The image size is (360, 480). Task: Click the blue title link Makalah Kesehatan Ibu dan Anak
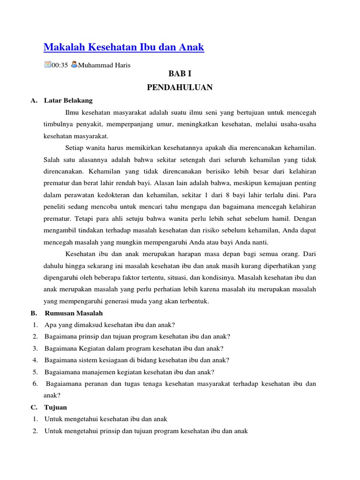click(x=124, y=47)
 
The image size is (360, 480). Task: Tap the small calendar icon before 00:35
click(x=47, y=65)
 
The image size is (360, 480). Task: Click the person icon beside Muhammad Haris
click(x=74, y=65)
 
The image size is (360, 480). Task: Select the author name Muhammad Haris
click(x=104, y=65)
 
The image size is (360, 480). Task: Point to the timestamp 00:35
click(x=60, y=65)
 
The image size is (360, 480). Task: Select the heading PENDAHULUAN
click(x=180, y=87)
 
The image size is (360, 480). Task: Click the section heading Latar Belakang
click(x=68, y=100)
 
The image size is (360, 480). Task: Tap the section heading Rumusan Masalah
click(x=74, y=313)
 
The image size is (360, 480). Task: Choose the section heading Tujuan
click(x=56, y=407)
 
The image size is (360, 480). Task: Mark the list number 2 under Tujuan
click(x=35, y=431)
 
